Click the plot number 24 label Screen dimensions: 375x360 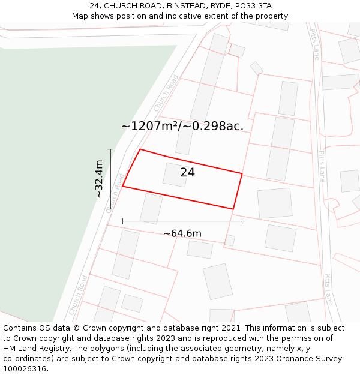coord(187,173)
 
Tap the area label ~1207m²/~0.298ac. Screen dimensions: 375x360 coord(182,126)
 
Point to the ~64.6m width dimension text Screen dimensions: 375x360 coord(182,233)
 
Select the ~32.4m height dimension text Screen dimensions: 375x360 coord(99,179)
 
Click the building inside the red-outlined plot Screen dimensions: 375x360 coord(175,175)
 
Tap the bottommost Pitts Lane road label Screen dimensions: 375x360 coord(328,289)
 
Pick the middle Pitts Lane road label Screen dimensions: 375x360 coord(322,166)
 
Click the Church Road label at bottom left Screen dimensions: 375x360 coord(79,295)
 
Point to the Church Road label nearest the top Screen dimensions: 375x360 coord(166,92)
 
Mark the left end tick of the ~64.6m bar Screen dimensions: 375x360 coord(122,221)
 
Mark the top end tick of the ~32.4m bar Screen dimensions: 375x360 coord(110,149)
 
